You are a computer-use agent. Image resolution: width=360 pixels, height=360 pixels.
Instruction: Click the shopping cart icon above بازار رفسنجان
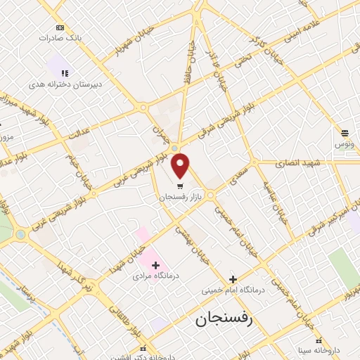(181, 187)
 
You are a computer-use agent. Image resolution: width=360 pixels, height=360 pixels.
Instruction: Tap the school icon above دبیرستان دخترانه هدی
(64, 72)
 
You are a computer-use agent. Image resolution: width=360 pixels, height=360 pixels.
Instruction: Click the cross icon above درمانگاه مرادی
(156, 265)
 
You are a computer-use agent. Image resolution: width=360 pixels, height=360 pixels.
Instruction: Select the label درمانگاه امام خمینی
(232, 290)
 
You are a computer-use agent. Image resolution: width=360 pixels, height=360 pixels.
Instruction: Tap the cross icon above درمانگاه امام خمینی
(233, 278)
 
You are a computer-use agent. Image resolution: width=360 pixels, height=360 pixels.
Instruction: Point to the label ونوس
(344, 144)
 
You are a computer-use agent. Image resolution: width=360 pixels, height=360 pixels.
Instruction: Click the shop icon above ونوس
(345, 132)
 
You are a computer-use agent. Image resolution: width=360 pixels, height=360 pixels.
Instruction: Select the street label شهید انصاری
(300, 162)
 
